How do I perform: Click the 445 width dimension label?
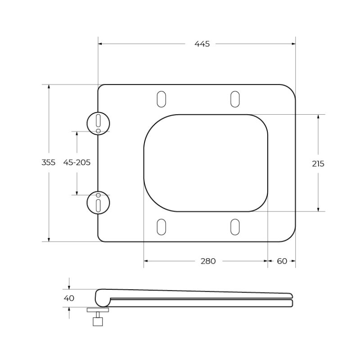click(x=202, y=44)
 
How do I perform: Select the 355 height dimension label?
click(x=49, y=163)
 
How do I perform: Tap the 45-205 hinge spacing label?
click(x=76, y=163)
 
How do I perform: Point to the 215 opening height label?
click(x=318, y=164)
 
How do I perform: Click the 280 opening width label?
click(x=208, y=261)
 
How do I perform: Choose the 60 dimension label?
click(x=282, y=261)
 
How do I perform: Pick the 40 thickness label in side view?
click(x=69, y=298)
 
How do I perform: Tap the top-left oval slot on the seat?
click(x=161, y=99)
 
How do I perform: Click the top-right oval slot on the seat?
click(x=235, y=99)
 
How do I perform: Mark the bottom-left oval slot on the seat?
click(x=161, y=227)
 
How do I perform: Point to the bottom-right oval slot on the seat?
click(x=235, y=227)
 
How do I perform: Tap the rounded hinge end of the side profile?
click(x=102, y=298)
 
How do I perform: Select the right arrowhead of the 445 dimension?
click(x=293, y=44)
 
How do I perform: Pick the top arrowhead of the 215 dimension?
click(x=318, y=117)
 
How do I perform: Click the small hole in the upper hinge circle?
click(x=98, y=130)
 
